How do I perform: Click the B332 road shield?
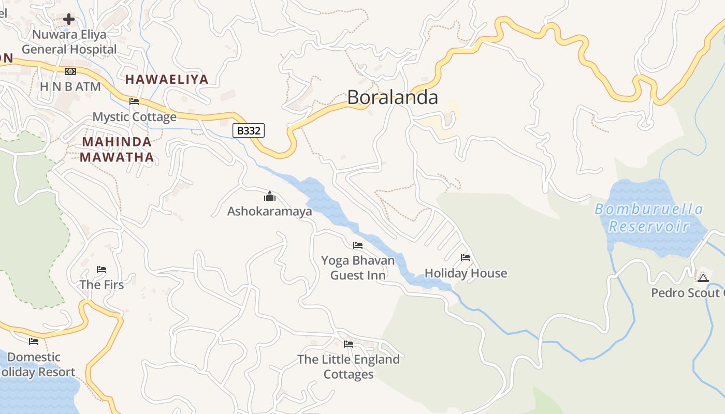(249, 130)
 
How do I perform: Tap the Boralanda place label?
(393, 97)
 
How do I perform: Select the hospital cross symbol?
(69, 20)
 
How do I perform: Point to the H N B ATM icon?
(70, 71)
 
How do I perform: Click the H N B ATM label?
(70, 86)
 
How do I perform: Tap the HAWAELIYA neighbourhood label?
(167, 79)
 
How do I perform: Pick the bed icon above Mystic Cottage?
(134, 101)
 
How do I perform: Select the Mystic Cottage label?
(135, 116)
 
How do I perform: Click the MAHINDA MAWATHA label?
(117, 149)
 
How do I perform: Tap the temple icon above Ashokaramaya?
(270, 196)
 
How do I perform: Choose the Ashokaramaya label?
(270, 211)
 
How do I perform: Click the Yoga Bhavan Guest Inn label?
(358, 268)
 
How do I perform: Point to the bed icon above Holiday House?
(466, 258)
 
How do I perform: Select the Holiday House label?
(466, 273)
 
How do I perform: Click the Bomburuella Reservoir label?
(649, 217)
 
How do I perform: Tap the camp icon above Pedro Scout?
(703, 278)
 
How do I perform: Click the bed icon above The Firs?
(102, 270)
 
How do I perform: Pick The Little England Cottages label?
(349, 366)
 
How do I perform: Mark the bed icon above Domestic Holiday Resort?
(34, 341)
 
